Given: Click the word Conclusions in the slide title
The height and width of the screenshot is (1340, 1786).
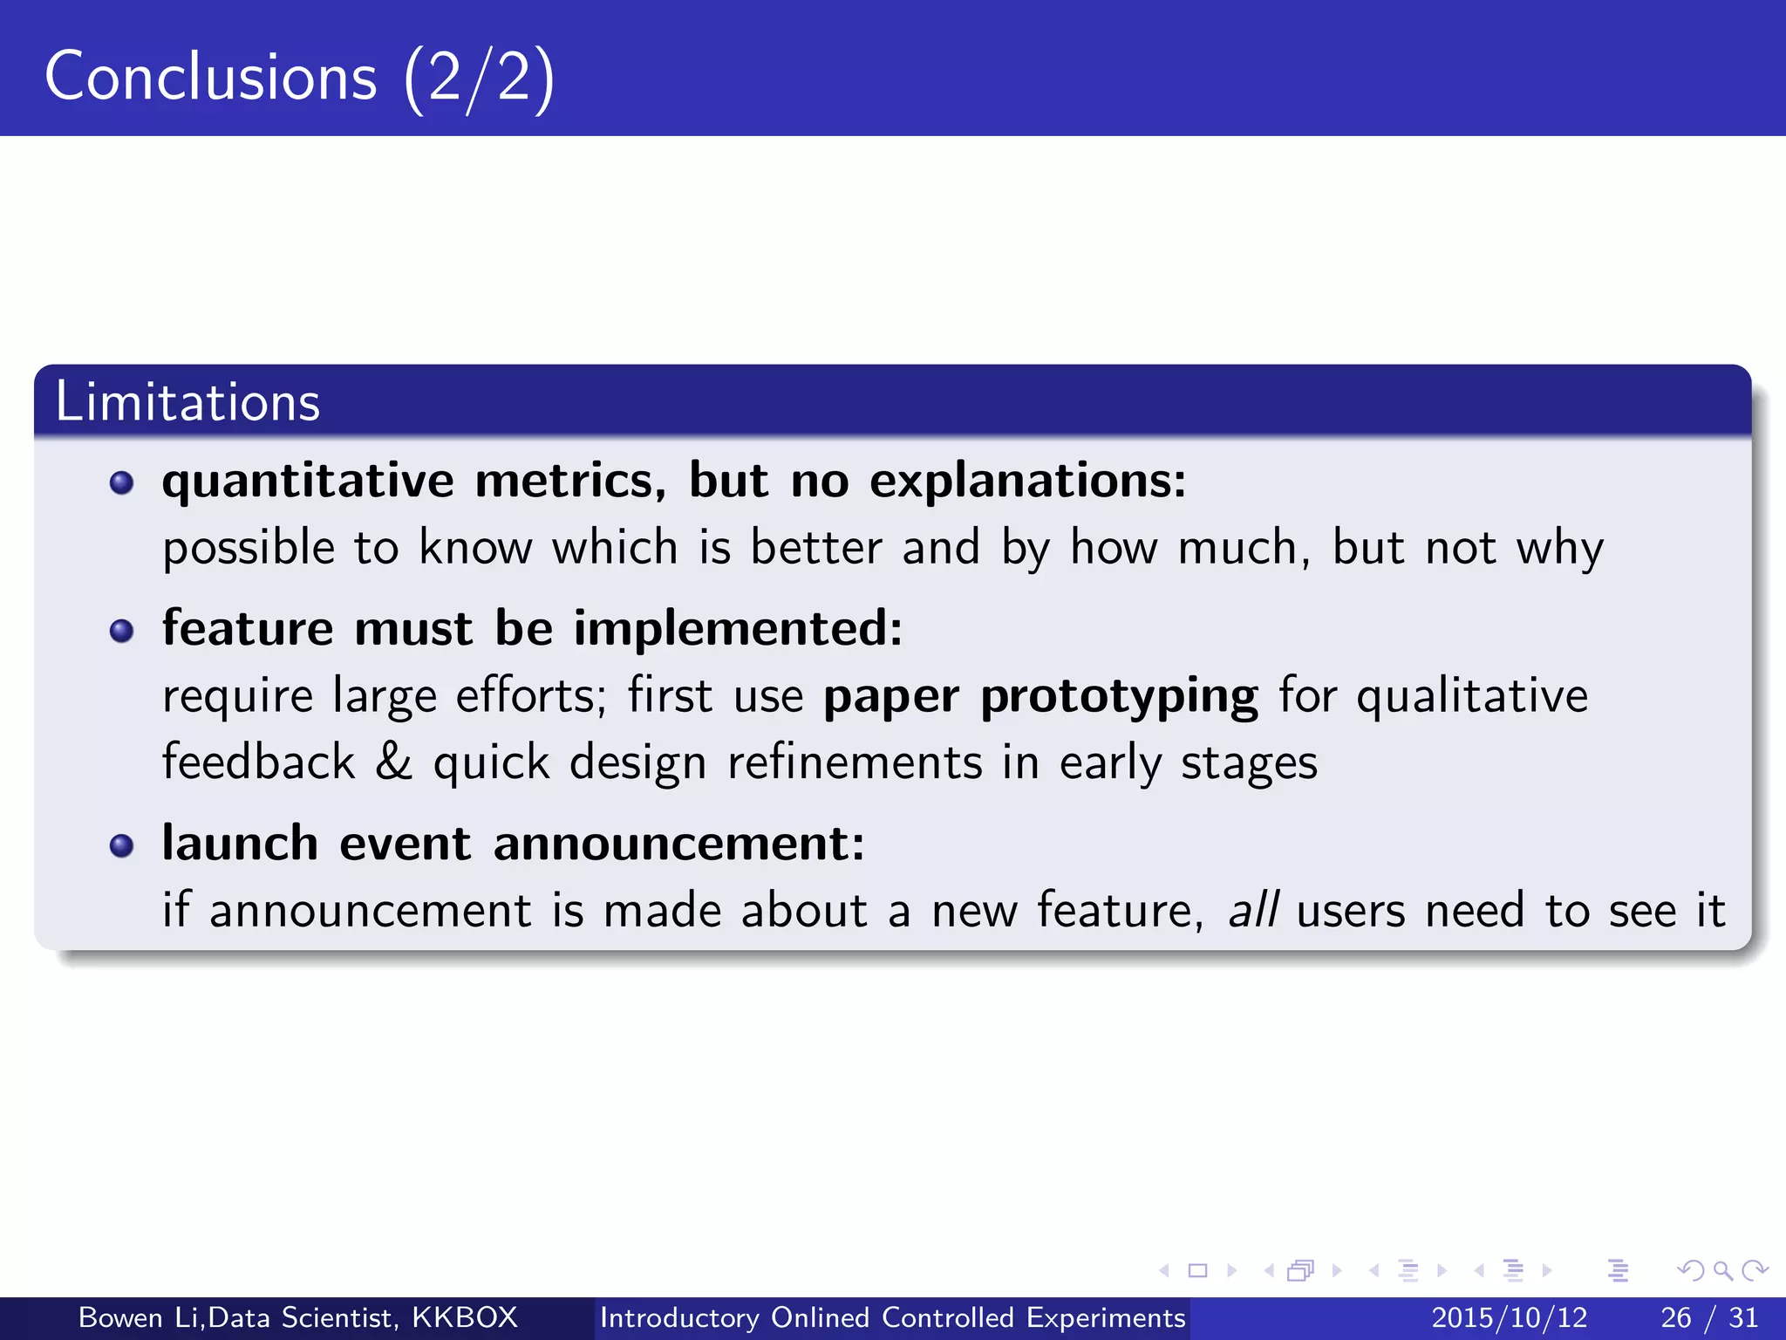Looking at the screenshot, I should (x=211, y=77).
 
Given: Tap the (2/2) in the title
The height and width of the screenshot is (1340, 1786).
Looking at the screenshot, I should (x=479, y=79).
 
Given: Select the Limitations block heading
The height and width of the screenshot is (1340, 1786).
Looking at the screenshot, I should (x=187, y=402).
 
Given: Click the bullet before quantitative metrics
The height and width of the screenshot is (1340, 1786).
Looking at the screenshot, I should (x=122, y=482).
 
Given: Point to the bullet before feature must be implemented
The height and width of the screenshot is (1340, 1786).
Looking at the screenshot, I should (x=122, y=630).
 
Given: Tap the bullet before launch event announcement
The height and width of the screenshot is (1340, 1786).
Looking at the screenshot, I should (x=122, y=844).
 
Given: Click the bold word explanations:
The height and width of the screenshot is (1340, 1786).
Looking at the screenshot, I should (x=1027, y=482).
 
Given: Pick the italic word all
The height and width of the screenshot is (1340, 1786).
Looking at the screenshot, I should (x=1253, y=910).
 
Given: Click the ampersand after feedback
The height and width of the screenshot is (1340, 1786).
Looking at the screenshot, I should (x=393, y=761).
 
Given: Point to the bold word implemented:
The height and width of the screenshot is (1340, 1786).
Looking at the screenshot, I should (x=738, y=628).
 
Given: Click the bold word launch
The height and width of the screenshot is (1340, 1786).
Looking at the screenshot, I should (x=240, y=844).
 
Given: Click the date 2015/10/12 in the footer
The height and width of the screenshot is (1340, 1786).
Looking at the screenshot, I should (x=1510, y=1317).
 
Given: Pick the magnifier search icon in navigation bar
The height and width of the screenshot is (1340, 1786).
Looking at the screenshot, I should (x=1722, y=1270).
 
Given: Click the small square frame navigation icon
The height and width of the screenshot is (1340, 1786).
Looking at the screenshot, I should (x=1198, y=1270).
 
